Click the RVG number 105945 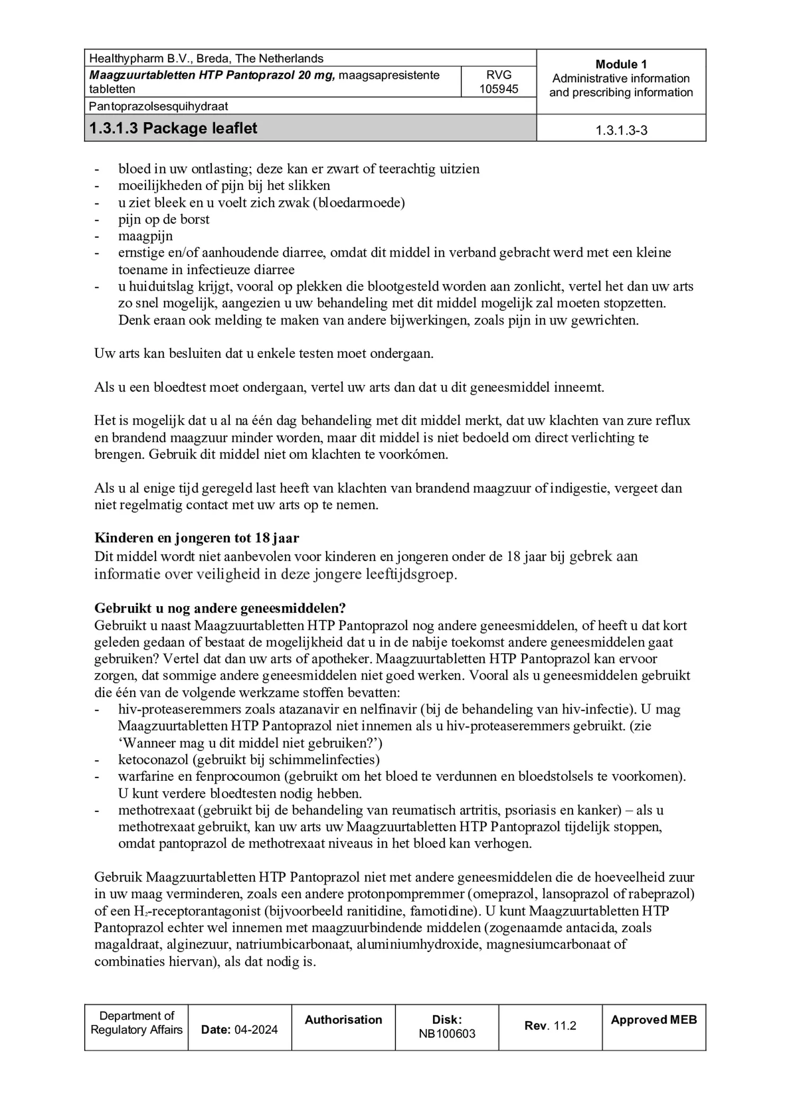point(498,89)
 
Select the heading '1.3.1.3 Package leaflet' point(173,128)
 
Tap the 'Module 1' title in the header point(621,65)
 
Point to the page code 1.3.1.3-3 point(621,131)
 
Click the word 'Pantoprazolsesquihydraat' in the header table point(158,106)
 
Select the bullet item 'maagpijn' point(145,236)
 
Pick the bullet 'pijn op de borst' point(164,219)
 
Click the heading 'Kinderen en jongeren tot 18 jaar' point(196,538)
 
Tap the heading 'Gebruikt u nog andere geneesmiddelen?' point(220,608)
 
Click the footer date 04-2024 point(256,1030)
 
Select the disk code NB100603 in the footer point(447,1034)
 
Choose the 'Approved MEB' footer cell point(653,1020)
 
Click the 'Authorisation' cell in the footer point(343,1020)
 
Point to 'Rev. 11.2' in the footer point(550,1026)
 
